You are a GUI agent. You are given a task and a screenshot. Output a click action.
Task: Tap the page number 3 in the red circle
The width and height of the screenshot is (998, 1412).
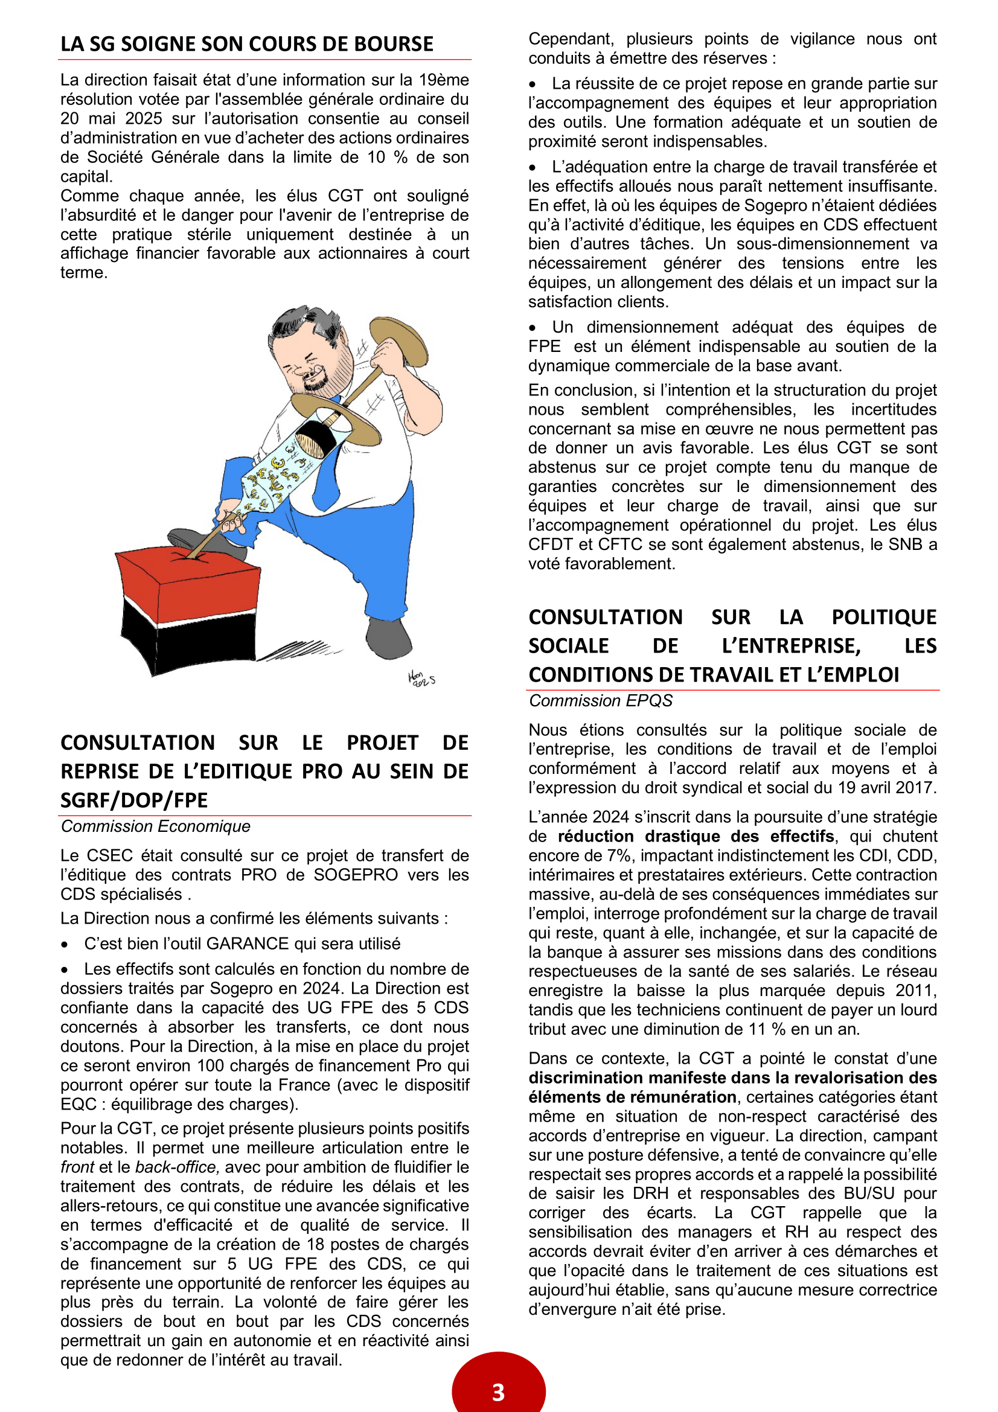tap(498, 1391)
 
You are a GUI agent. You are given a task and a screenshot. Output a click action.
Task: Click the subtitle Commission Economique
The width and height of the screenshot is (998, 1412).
tap(156, 826)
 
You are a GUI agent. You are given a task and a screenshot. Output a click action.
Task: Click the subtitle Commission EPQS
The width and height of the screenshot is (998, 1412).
tap(600, 700)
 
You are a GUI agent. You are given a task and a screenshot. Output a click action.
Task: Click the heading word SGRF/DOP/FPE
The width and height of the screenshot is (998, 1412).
tap(134, 800)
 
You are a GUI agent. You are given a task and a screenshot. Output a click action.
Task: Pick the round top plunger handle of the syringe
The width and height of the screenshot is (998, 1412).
tap(398, 341)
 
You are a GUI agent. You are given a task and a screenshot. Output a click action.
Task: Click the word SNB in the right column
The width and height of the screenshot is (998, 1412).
tap(906, 545)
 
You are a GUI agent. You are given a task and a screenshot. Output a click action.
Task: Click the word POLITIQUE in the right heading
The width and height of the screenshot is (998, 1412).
tap(884, 617)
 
